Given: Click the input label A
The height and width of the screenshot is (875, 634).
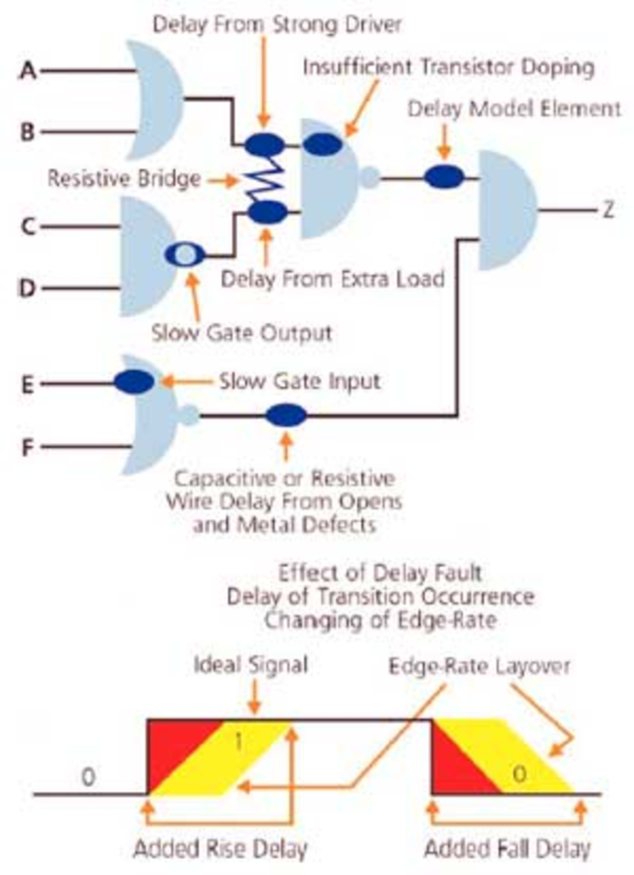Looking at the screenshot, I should pos(28,71).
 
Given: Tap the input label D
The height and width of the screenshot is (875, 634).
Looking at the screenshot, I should pos(27,288).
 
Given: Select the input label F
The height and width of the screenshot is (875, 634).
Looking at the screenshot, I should pos(27,447).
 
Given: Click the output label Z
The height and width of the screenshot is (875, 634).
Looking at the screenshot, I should pos(608,211).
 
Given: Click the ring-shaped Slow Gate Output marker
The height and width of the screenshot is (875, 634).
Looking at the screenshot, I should pos(185,255).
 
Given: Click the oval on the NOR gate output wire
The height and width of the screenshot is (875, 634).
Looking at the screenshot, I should pos(286,415).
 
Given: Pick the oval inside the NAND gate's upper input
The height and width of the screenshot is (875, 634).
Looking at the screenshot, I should pos(322,144).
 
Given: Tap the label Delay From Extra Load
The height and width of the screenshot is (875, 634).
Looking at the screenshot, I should pos(333,279).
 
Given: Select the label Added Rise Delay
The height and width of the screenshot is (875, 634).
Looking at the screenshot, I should pos(220,849).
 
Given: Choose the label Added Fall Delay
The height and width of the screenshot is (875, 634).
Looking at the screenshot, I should pos(508,849).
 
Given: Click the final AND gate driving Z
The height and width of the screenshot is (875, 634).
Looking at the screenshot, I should pos(506,210).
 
